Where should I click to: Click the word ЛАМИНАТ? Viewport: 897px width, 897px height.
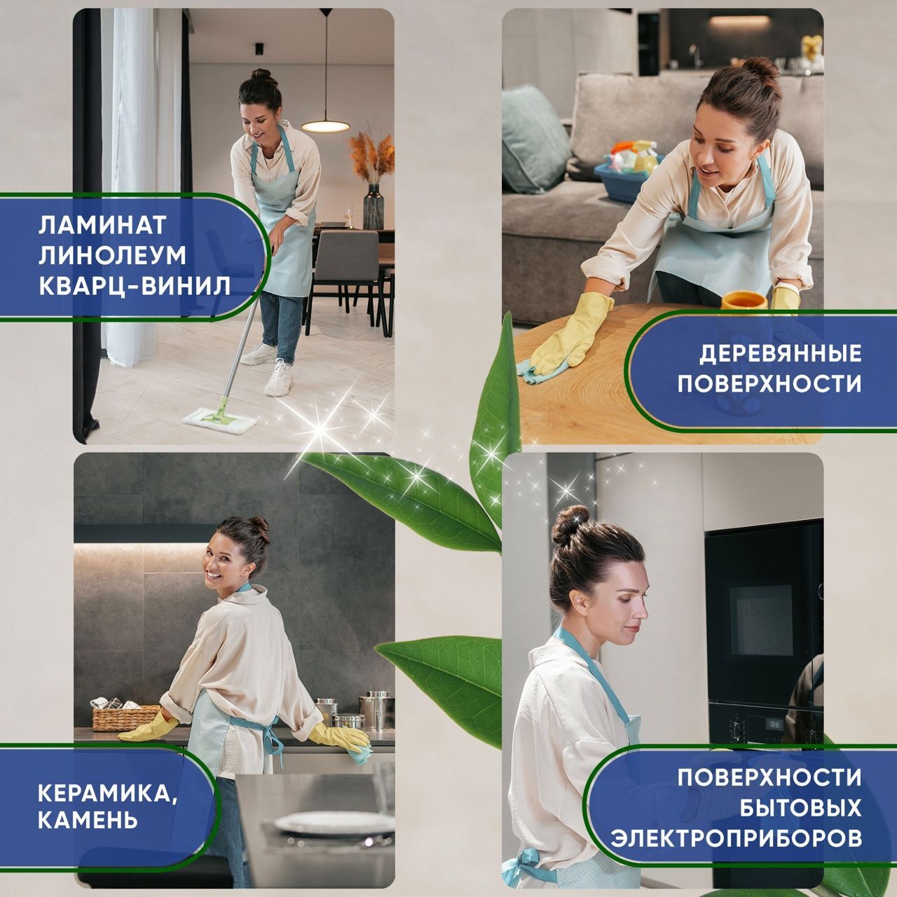click(x=102, y=225)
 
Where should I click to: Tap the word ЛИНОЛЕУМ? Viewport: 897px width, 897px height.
click(x=112, y=255)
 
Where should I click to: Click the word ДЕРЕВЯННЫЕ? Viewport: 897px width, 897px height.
click(x=780, y=354)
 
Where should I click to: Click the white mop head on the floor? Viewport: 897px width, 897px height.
click(x=220, y=420)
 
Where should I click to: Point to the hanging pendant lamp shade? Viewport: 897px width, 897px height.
click(x=325, y=125)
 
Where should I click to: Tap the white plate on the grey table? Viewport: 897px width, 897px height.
click(x=334, y=821)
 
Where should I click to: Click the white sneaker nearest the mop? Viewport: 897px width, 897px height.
click(x=279, y=378)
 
